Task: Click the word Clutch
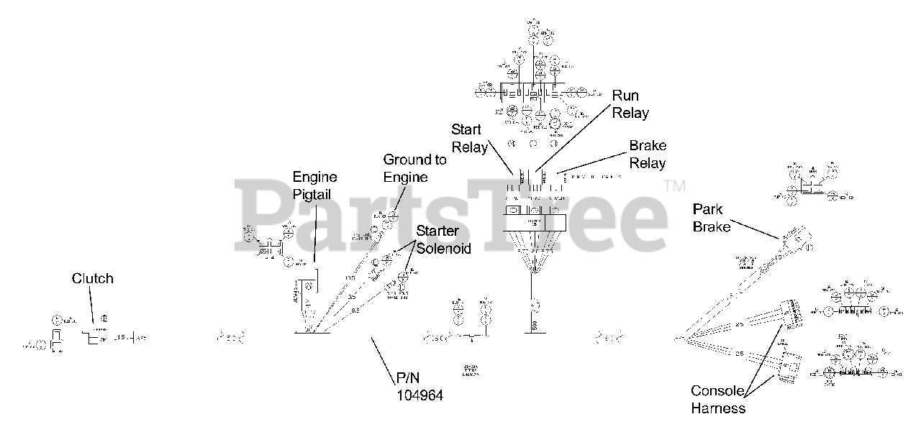coord(92,278)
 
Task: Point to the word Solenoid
coord(444,249)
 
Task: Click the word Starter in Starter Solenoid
coord(437,231)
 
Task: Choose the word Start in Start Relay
coord(466,130)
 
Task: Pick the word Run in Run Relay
coord(625,96)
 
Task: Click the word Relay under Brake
coord(648,163)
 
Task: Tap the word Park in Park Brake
coord(707,209)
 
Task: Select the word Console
coord(717,391)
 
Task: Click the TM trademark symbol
coord(674,186)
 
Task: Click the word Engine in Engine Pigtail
coord(314,177)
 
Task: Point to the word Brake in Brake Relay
coord(648,146)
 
